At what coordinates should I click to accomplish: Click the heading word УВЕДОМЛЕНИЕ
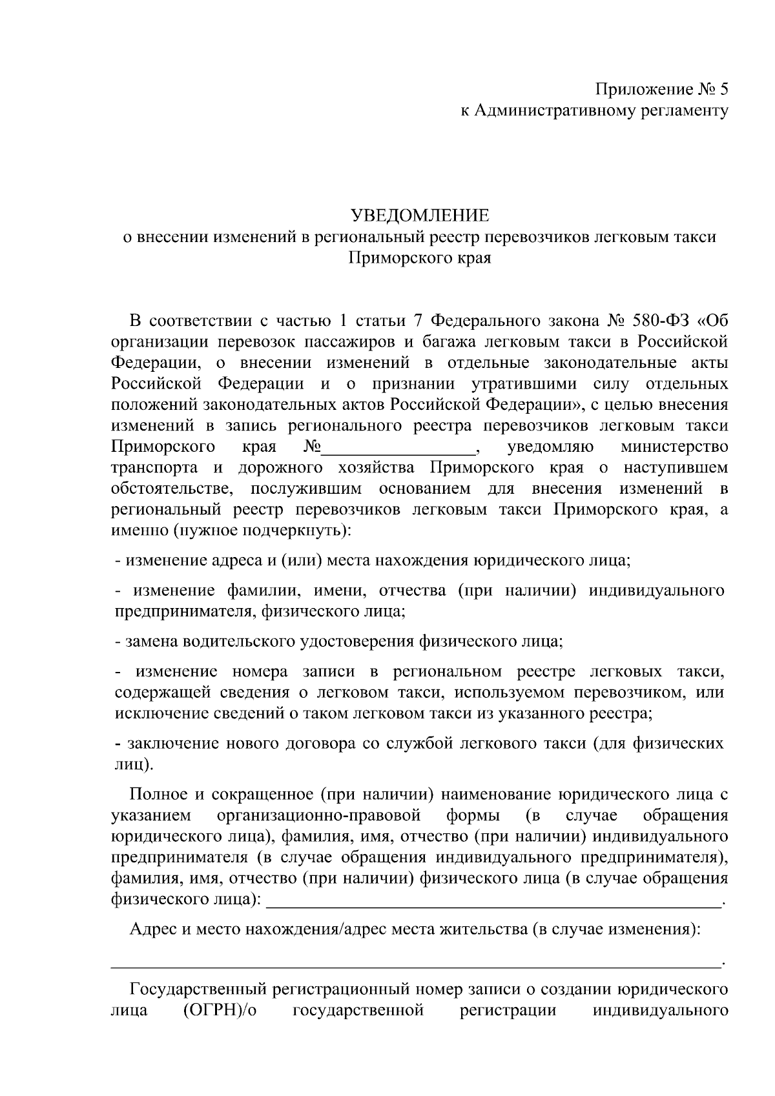coord(420,215)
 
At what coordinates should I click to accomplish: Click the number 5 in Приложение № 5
coord(723,89)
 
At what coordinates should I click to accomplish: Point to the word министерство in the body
coord(674,447)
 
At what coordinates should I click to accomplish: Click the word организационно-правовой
coord(320,815)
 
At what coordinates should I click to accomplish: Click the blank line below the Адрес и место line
coord(417,966)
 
